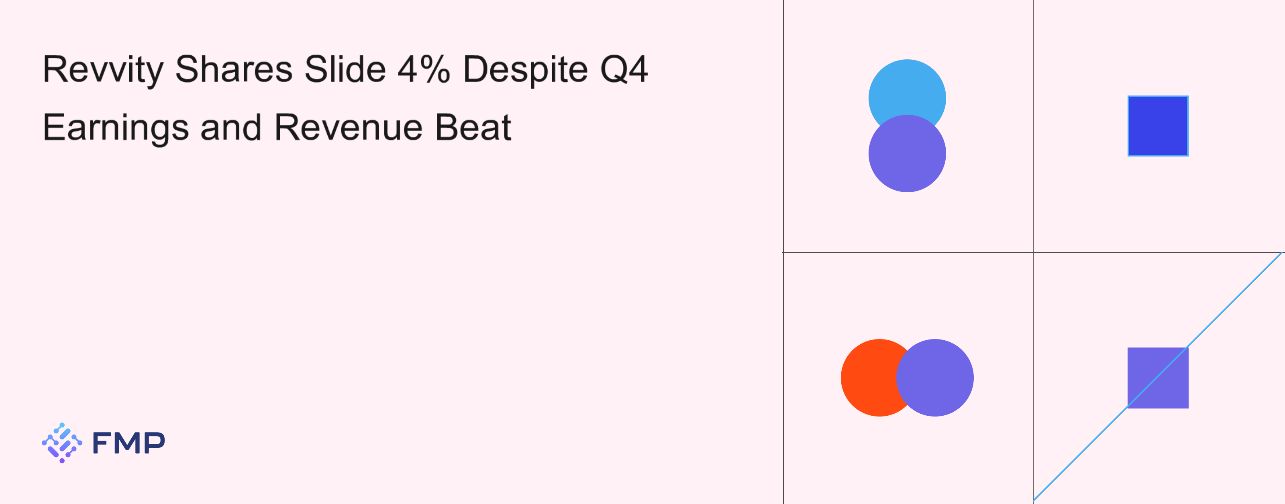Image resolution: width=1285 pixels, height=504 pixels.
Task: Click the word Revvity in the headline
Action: pyautogui.click(x=103, y=70)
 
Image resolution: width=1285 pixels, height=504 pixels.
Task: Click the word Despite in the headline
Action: pyautogui.click(x=526, y=70)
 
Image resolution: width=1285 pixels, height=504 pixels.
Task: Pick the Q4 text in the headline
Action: pyautogui.click(x=624, y=69)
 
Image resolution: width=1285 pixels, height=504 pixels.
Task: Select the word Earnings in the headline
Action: pyautogui.click(x=116, y=128)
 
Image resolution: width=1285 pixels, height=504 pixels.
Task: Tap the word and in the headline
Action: pyautogui.click(x=231, y=127)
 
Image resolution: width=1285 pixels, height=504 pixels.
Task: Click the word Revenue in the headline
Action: pyautogui.click(x=349, y=127)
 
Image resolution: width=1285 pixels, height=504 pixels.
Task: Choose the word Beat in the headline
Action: pyautogui.click(x=473, y=127)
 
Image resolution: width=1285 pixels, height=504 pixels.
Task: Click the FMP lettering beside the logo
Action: pyautogui.click(x=128, y=443)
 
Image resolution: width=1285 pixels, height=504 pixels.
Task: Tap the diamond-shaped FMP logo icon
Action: pyautogui.click(x=62, y=443)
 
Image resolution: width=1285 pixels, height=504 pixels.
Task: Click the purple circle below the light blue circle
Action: pyautogui.click(x=907, y=154)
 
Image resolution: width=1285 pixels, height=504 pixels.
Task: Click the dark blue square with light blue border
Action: pyautogui.click(x=1158, y=126)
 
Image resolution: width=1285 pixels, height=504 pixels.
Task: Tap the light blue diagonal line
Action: pyautogui.click(x=1158, y=376)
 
